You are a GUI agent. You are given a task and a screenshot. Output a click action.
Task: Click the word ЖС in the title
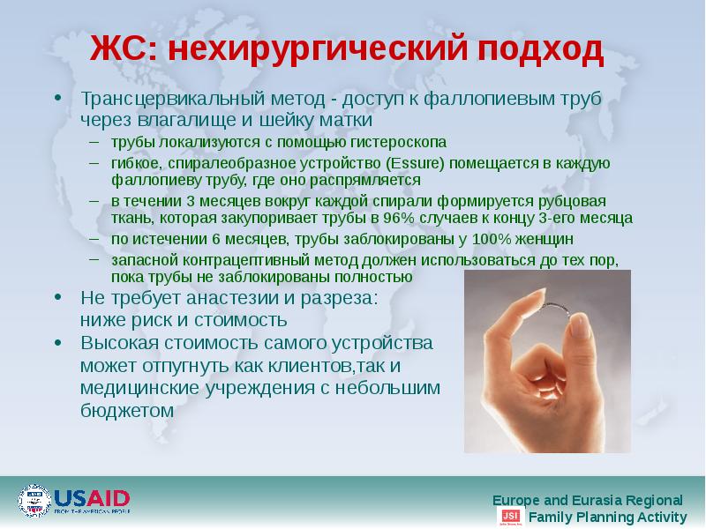(x=122, y=49)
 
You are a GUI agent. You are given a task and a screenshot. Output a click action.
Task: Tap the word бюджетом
(x=128, y=410)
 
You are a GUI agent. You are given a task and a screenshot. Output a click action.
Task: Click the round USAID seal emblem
(x=34, y=501)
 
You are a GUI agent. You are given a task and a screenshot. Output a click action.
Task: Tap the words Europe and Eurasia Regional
(x=587, y=499)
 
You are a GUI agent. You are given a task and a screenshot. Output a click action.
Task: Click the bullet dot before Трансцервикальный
(x=57, y=99)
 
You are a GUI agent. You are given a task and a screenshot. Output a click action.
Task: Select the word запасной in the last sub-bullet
(x=139, y=260)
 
